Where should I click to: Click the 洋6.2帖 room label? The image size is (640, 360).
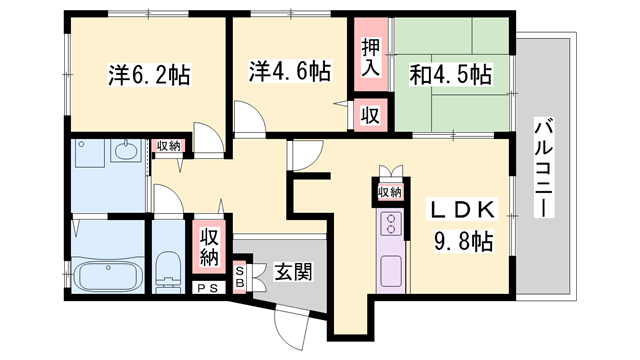(x=149, y=75)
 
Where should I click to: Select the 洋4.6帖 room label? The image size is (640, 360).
(x=290, y=71)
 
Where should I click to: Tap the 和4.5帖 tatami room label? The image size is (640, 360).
(x=450, y=74)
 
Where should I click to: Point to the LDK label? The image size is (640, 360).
(x=462, y=210)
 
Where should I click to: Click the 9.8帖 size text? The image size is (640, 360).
(x=463, y=242)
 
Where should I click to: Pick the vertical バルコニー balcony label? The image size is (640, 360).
(x=544, y=167)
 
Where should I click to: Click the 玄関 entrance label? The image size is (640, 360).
(x=293, y=271)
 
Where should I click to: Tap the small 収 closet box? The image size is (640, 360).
(x=370, y=115)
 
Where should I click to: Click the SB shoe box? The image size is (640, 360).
(x=240, y=277)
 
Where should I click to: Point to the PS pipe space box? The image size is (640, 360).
(x=208, y=288)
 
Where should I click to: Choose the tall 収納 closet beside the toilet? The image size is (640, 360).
(x=209, y=247)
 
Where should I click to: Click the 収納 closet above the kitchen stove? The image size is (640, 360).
(x=390, y=192)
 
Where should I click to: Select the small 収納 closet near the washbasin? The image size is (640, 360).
(x=168, y=146)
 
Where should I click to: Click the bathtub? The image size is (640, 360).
(x=108, y=276)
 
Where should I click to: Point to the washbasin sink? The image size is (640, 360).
(x=127, y=151)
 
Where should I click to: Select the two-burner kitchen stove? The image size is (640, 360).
(x=391, y=223)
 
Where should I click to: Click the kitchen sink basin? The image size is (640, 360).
(x=391, y=271)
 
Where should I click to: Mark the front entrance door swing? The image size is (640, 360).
(x=291, y=328)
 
